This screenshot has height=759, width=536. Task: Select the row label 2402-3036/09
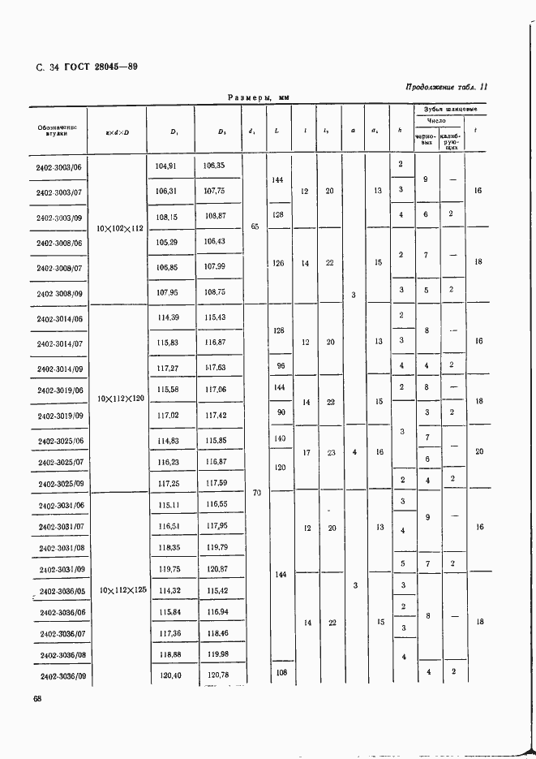pyautogui.click(x=65, y=675)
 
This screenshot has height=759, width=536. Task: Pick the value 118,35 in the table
pyautogui.click(x=167, y=547)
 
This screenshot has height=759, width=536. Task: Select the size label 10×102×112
pyautogui.click(x=120, y=229)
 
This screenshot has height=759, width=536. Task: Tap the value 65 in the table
pyautogui.click(x=254, y=227)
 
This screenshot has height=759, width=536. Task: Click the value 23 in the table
pyautogui.click(x=329, y=452)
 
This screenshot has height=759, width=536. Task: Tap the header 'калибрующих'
pyautogui.click(x=452, y=141)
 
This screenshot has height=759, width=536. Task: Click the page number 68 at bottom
pyautogui.click(x=37, y=699)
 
